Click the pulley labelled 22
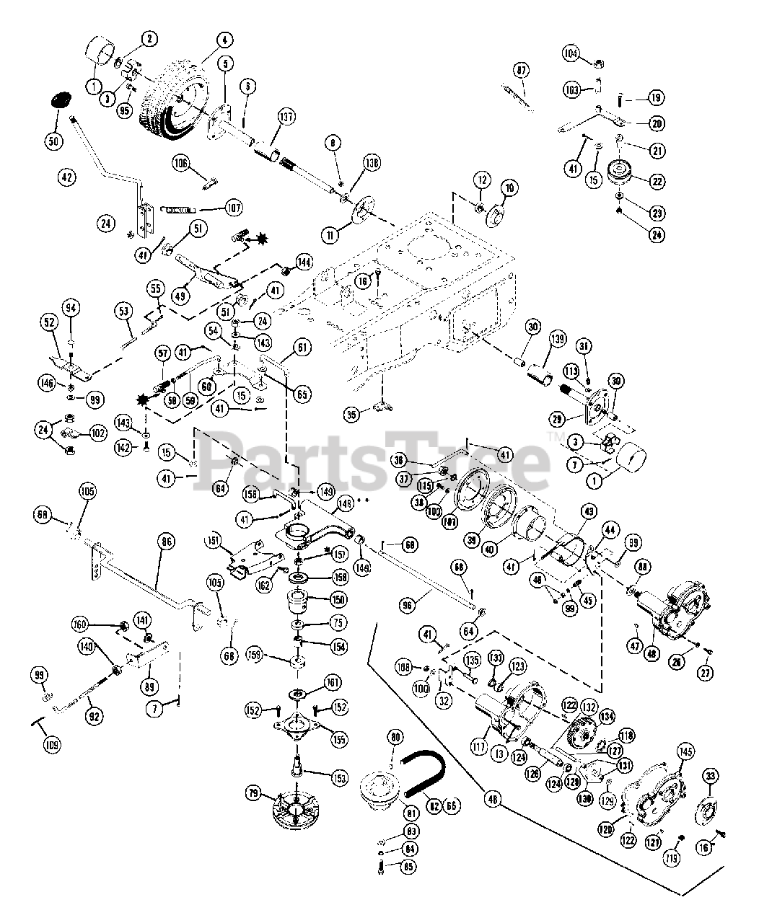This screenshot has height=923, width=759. tap(618, 174)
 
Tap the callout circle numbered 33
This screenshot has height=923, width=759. tap(711, 777)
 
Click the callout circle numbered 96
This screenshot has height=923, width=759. tap(408, 606)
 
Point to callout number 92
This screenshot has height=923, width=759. tap(93, 717)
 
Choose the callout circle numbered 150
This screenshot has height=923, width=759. tap(338, 600)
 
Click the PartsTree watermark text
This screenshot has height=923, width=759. tap(375, 456)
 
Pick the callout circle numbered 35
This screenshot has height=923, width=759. tap(351, 414)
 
